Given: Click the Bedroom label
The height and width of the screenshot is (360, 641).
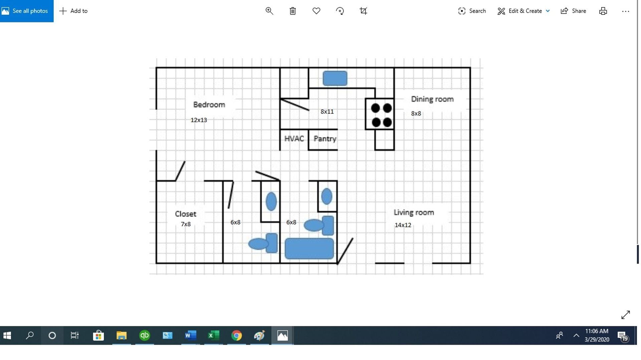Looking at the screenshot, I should click(x=209, y=104).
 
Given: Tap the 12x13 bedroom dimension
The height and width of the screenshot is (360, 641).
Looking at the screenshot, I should click(x=199, y=120).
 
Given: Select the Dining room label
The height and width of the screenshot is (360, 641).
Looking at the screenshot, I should click(x=432, y=99).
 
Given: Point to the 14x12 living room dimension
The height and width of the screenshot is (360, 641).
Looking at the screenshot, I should click(x=403, y=225).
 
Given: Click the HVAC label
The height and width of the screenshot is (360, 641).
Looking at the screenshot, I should click(x=294, y=139).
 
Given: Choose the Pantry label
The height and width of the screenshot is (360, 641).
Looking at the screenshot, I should click(x=325, y=139).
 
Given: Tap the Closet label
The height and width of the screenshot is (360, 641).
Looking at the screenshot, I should click(x=185, y=214).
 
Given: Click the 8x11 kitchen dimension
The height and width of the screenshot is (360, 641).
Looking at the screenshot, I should click(x=327, y=112).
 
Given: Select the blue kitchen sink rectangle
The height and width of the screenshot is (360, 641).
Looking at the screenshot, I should click(x=335, y=78).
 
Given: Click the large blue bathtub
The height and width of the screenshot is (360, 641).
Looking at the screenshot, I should click(x=309, y=249).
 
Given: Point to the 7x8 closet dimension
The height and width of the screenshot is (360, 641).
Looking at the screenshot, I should click(x=186, y=224).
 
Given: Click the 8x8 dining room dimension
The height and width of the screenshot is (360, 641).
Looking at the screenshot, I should click(x=416, y=113).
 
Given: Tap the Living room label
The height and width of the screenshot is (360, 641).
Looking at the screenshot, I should click(x=414, y=213).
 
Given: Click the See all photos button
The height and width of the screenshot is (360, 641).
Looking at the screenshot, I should click(x=27, y=11).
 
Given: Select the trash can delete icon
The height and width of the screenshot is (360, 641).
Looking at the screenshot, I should click(x=292, y=11).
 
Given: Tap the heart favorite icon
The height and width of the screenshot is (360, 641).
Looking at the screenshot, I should click(x=316, y=11).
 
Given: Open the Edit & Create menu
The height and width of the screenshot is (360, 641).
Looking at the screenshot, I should click(x=523, y=11).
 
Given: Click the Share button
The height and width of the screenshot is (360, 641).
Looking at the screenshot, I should click(x=573, y=11).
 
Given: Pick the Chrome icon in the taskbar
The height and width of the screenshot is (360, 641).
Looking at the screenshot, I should click(x=236, y=335).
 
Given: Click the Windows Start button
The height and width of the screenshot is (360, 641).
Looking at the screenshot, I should click(x=7, y=335).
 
